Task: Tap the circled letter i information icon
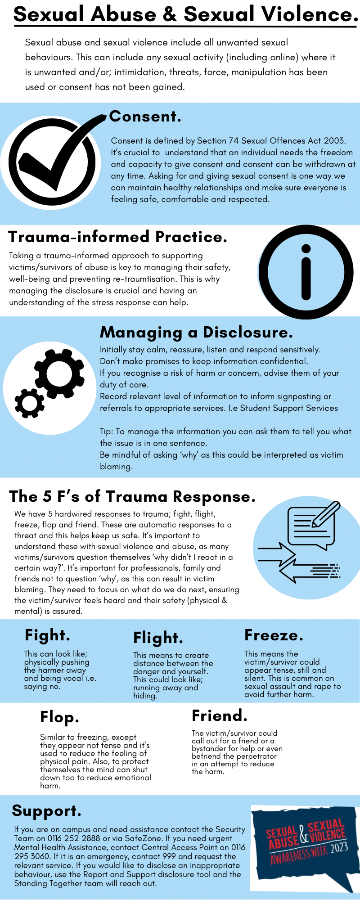coord(306,272)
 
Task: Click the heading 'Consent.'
coord(145,117)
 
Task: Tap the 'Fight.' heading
coord(47,635)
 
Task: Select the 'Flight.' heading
coord(158,638)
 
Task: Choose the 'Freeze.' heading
coord(274,635)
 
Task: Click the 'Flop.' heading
coord(59,717)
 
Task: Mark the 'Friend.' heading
coord(220,715)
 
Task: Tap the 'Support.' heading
coord(47,811)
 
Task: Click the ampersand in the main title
coord(170,15)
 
